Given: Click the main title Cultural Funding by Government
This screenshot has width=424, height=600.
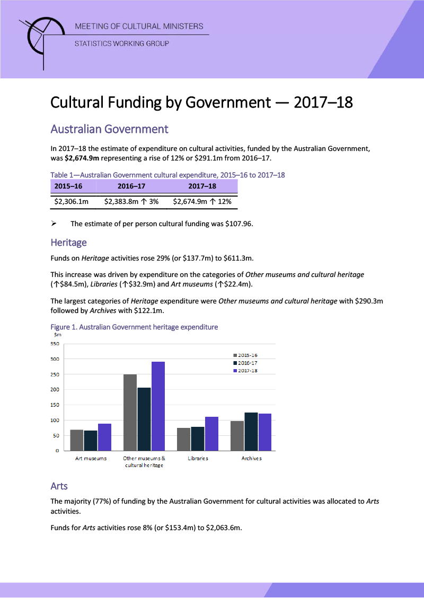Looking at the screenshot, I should (x=201, y=102).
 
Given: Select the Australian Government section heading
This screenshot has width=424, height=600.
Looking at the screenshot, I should (x=109, y=129).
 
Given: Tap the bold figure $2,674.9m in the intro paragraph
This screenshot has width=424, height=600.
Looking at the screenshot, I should (x=85, y=158).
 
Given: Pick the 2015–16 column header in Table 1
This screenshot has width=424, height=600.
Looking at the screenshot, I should (x=68, y=186).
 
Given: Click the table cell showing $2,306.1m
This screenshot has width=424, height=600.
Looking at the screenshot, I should (x=72, y=202).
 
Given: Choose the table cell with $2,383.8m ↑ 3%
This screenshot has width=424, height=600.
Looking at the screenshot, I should (x=131, y=202).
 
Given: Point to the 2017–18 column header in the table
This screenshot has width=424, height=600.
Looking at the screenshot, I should (x=202, y=186).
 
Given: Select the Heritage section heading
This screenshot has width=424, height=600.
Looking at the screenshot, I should (x=68, y=243).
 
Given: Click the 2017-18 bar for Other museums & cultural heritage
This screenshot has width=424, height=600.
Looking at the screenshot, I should (x=158, y=406).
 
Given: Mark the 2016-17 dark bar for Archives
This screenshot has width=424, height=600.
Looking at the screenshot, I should (x=251, y=431).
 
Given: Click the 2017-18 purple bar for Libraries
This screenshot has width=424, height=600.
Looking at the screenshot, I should (x=211, y=433).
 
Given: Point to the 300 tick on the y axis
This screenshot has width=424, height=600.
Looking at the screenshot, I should (x=55, y=359).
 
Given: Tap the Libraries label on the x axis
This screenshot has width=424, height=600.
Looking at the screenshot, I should (x=198, y=458).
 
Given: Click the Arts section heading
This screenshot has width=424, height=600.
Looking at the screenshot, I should (x=59, y=486).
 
